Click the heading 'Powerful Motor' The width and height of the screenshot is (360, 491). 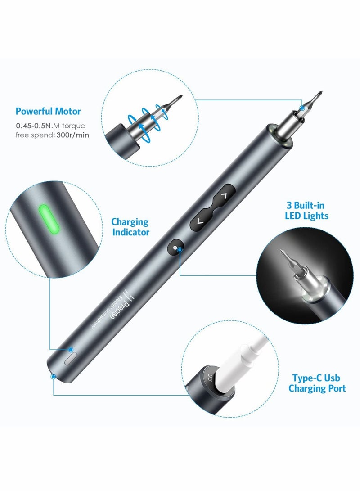48,111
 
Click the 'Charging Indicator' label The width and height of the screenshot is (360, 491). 130,227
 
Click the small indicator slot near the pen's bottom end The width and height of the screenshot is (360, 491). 70,360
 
